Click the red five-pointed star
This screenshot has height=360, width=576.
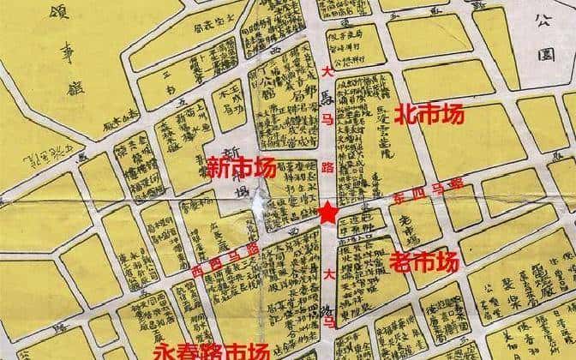click(328, 213)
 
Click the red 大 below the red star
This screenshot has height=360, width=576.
click(328, 275)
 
